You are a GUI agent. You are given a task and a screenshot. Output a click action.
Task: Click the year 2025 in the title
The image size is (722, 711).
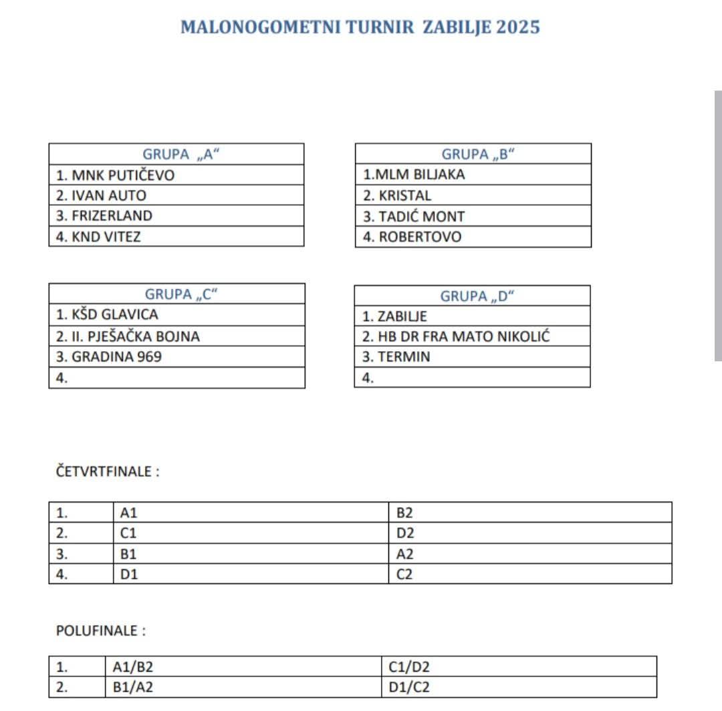coord(518,27)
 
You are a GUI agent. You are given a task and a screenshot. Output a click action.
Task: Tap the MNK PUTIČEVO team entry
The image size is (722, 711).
coord(115,175)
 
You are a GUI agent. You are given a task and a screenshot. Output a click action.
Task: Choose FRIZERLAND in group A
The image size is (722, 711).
coord(104,215)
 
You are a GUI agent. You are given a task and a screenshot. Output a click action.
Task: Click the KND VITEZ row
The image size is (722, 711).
coord(98,236)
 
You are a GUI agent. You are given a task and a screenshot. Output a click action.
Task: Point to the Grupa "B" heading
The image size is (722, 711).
coord(479,155)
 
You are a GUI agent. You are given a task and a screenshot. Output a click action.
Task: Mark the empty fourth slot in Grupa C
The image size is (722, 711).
coord(176,377)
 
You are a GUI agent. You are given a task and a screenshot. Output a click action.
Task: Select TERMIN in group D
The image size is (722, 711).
coord(396,357)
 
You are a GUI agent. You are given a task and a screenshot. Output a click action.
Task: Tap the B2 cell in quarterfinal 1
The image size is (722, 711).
coord(405,513)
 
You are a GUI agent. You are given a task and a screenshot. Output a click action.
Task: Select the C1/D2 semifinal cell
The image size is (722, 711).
coord(406,667)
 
